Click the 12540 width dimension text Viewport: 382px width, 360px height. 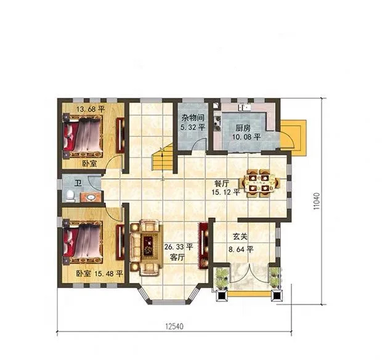(x=174, y=326)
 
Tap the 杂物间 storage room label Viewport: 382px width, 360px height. (x=193, y=118)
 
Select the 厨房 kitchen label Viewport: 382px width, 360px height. (x=243, y=128)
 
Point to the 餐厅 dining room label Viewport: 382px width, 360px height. (x=222, y=184)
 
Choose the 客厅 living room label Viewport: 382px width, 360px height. (x=177, y=258)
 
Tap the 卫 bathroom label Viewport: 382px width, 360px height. (x=78, y=183)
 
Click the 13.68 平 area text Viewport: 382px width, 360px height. (x=91, y=109)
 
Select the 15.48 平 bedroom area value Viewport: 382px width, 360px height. (x=108, y=274)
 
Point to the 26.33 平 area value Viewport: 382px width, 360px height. (x=179, y=247)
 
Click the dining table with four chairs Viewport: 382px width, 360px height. (x=259, y=183)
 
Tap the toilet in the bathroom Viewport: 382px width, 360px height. (x=71, y=196)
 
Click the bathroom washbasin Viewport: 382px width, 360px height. (x=91, y=197)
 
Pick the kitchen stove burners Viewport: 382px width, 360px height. (x=217, y=123)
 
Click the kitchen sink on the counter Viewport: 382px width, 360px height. (x=245, y=107)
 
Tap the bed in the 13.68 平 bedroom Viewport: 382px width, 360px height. (x=83, y=136)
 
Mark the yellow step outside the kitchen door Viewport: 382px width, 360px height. (x=293, y=137)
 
